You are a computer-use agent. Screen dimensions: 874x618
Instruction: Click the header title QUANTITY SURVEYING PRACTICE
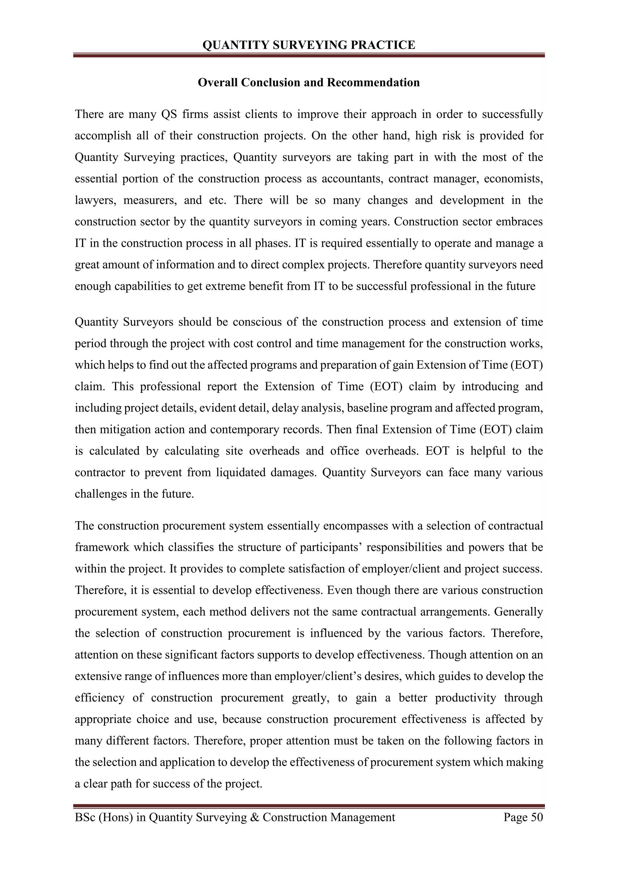coord(309,45)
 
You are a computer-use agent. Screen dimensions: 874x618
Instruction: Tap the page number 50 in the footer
coord(536,817)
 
